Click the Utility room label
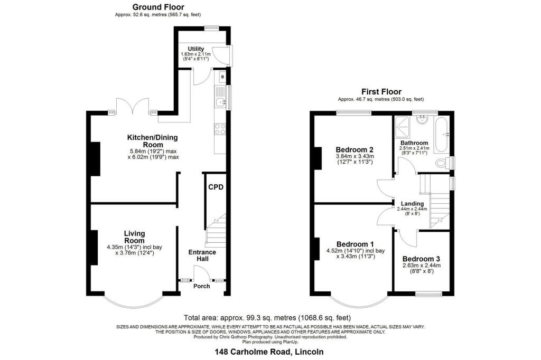tap(195, 49)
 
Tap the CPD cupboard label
tap(216, 187)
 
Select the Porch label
tap(201, 286)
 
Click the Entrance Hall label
tap(202, 255)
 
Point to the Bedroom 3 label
tap(421, 259)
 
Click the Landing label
tap(412, 203)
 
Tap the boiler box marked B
tap(222, 77)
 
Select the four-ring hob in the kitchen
tap(220, 129)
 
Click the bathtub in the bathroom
tap(442, 135)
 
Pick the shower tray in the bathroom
tap(402, 126)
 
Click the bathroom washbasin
tap(422, 119)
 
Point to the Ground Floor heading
tap(158, 7)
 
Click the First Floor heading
tap(381, 92)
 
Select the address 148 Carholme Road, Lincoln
tap(269, 352)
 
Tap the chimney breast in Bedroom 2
tap(318, 158)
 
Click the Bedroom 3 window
tap(428, 294)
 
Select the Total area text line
tap(267, 318)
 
